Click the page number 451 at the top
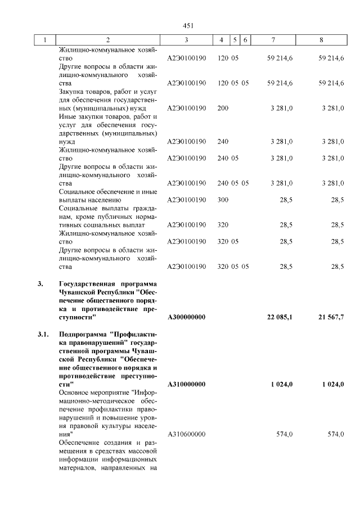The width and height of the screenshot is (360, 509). click(188, 26)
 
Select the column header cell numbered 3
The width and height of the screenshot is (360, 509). click(186, 40)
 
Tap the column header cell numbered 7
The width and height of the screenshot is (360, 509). click(273, 40)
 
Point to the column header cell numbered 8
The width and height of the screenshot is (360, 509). click(321, 40)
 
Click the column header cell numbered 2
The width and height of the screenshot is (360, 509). click(108, 40)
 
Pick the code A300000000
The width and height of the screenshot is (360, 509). click(186, 317)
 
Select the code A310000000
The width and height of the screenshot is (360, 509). click(186, 384)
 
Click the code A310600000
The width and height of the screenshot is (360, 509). click(186, 435)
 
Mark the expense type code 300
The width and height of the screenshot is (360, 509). click(223, 200)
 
